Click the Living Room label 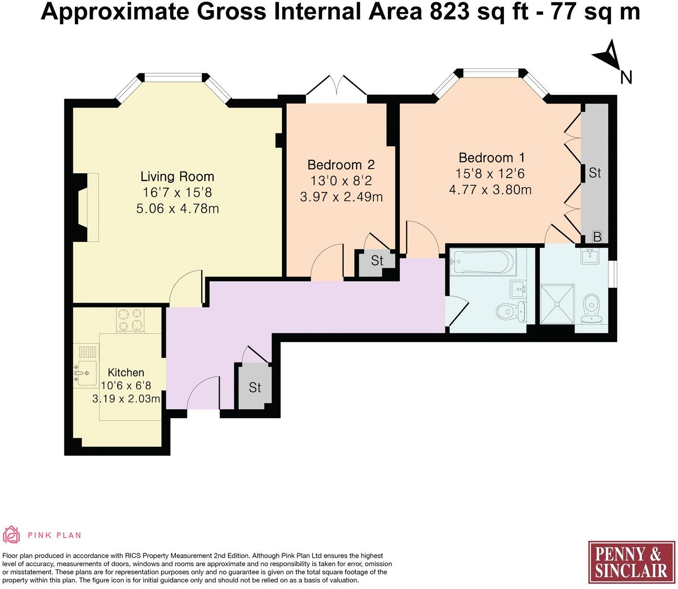[x=177, y=177]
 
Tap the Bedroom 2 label [x=341, y=165]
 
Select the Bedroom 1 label [x=492, y=158]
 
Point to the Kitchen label [x=126, y=372]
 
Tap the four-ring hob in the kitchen [x=130, y=320]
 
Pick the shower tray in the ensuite [x=557, y=304]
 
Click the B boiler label [x=597, y=237]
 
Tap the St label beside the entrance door [x=255, y=388]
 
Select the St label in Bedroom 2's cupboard [x=377, y=260]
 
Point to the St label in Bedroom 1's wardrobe [x=595, y=173]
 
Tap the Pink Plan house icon [x=11, y=534]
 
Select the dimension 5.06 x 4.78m [x=177, y=208]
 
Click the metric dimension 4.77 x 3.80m [x=491, y=190]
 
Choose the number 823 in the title [x=449, y=11]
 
